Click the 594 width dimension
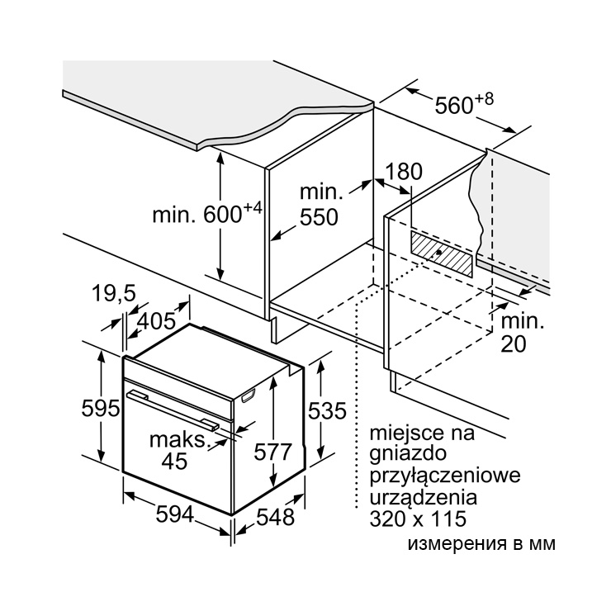pyautogui.click(x=174, y=514)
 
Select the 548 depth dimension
pyautogui.click(x=275, y=518)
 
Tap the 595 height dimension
pyautogui.click(x=101, y=409)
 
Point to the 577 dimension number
pyautogui.click(x=272, y=452)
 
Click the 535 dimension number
pyautogui.click(x=327, y=410)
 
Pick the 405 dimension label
pyautogui.click(x=157, y=321)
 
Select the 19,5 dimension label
pyautogui.click(x=114, y=293)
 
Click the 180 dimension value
pyautogui.click(x=404, y=172)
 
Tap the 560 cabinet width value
pyautogui.click(x=453, y=106)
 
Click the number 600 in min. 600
pyautogui.click(x=223, y=215)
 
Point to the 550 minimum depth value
pyautogui.click(x=319, y=217)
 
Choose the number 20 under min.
pyautogui.click(x=514, y=344)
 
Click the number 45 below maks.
pyautogui.click(x=174, y=461)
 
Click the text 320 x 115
pyautogui.click(x=418, y=519)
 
